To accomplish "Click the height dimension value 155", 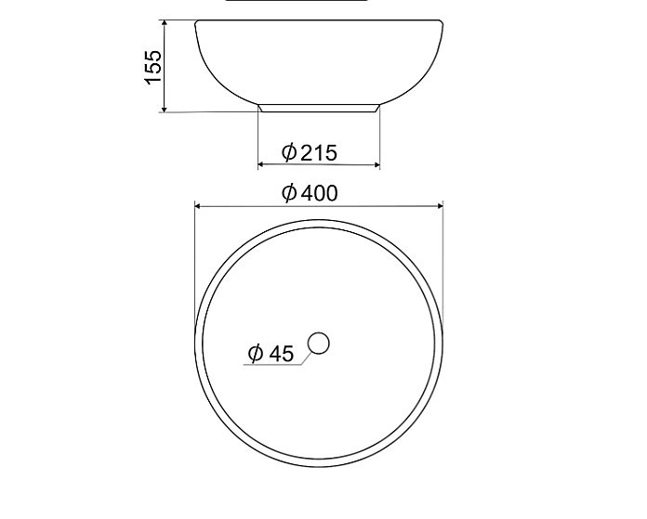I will click(153, 67).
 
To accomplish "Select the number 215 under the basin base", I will click(318, 151).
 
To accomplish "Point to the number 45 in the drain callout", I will click(281, 354).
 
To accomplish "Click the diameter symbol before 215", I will click(288, 151).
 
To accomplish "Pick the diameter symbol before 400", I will click(289, 193).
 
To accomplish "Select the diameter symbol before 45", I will click(256, 354).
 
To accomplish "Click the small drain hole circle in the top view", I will click(319, 344).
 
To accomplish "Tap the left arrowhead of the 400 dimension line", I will click(198, 205).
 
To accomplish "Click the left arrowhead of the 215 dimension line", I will click(262, 165).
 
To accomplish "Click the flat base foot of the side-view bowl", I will click(319, 108).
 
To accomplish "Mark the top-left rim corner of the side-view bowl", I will click(195, 21).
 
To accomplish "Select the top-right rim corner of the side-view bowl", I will click(442, 21).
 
